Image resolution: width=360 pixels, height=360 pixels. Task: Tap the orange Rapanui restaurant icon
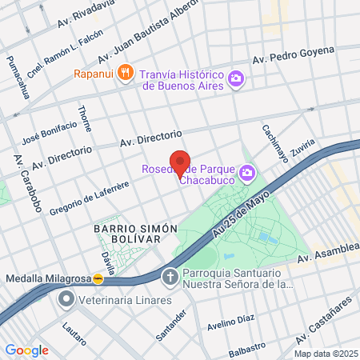[125, 74]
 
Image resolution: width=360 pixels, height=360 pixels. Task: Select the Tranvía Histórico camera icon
[236, 78]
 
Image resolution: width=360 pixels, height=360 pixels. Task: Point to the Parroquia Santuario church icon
[170, 278]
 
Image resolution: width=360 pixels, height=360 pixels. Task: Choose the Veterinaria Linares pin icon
[66, 300]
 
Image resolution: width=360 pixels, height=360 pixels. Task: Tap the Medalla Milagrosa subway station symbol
[98, 279]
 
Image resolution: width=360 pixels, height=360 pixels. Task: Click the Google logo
[26, 350]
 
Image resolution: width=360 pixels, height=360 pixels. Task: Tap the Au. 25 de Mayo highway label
[244, 212]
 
